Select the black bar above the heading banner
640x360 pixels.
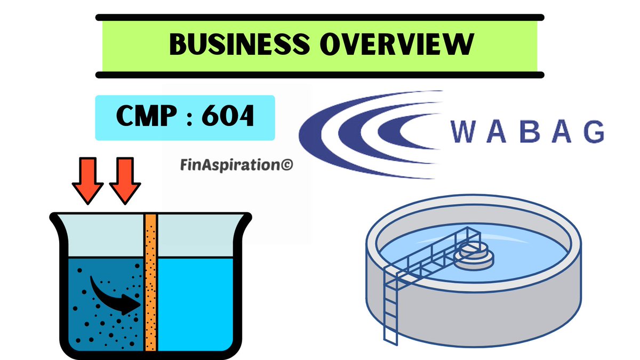320,18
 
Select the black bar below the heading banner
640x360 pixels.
320,75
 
